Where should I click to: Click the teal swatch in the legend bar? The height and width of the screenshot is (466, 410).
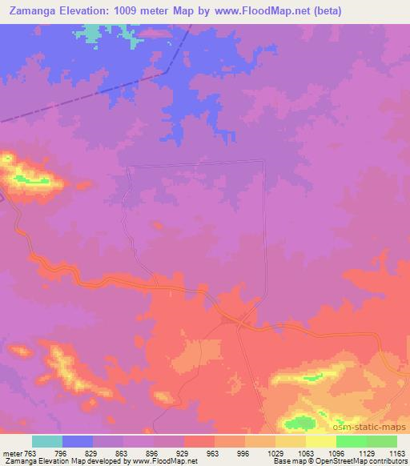pyautogui.click(x=47, y=441)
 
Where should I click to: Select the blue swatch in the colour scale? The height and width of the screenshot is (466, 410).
pyautogui.click(x=78, y=441)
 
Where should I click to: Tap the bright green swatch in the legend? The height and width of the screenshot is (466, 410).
pyautogui.click(x=351, y=441)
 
